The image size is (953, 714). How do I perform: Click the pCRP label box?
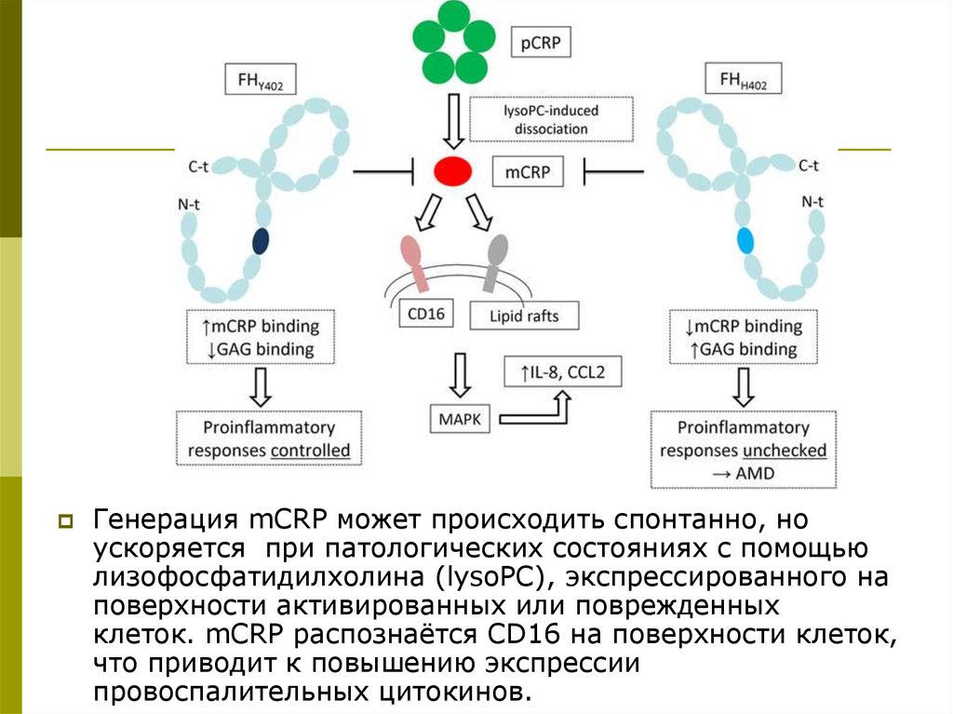pyautogui.click(x=542, y=43)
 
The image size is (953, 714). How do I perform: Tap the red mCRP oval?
pyautogui.click(x=452, y=170)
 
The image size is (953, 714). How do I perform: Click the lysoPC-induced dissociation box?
pyautogui.click(x=540, y=119)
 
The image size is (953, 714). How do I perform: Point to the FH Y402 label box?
pyautogui.click(x=261, y=81)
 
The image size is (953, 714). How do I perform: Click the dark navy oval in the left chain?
pyautogui.click(x=261, y=242)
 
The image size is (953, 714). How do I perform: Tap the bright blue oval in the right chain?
pyautogui.click(x=745, y=242)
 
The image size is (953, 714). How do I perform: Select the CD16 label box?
pyautogui.click(x=424, y=315)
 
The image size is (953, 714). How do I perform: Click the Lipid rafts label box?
pyautogui.click(x=524, y=316)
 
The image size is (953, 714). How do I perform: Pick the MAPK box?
pyautogui.click(x=460, y=419)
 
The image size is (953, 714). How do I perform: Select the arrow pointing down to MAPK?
pyautogui.click(x=460, y=374)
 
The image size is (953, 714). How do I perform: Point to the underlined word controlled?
pyautogui.click(x=311, y=451)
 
